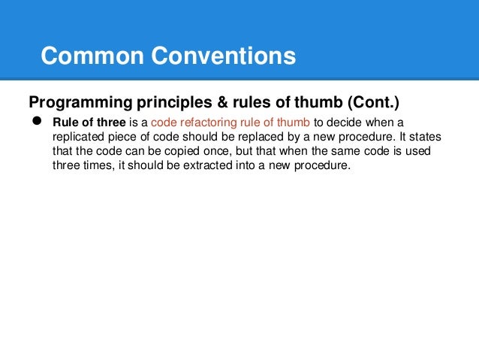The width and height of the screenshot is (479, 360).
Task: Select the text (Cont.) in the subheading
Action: tap(370, 101)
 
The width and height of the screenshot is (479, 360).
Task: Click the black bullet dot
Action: tap(35, 122)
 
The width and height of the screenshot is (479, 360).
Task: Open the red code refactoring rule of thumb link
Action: tap(229, 123)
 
